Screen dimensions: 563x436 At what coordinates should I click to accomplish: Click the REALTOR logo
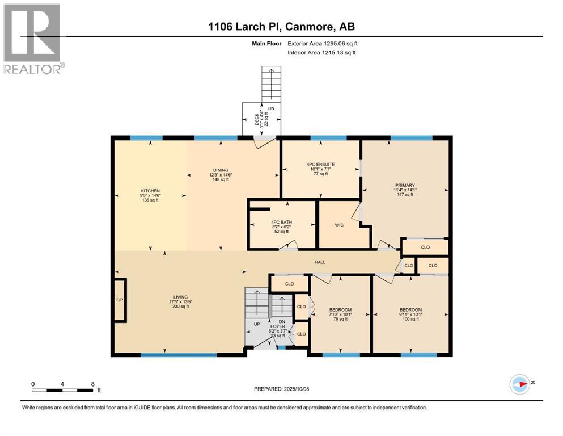pos(34,39)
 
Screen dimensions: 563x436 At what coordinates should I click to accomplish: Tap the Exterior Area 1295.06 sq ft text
pos(323,44)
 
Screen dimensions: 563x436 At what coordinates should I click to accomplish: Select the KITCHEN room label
pos(150,191)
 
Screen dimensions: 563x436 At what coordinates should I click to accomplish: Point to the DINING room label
pos(221,170)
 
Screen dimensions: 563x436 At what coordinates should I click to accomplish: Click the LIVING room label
pos(181,297)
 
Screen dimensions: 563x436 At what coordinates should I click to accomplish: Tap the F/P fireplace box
pos(120,300)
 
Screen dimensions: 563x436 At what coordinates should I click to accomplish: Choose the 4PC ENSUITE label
pos(321,164)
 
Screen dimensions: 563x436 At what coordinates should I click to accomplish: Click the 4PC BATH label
pos(281,222)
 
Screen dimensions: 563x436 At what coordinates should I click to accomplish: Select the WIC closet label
pos(339,225)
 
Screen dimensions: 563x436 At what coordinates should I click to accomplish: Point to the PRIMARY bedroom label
pos(405,185)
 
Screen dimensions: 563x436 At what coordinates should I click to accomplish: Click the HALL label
pos(320,262)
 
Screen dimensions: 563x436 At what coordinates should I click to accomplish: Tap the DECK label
pos(257,120)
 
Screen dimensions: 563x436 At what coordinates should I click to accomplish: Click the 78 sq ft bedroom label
pos(340,314)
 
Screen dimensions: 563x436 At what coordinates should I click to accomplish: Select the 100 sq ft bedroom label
pos(410,314)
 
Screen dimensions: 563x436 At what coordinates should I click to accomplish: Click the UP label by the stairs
pos(257,324)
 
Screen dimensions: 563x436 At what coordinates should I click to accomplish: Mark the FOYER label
pos(278,326)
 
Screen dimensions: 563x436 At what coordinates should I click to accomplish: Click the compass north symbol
pos(520,384)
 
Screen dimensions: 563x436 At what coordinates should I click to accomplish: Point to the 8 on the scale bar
pos(92,384)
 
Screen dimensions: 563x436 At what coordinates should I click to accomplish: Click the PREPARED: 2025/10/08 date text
pos(281,389)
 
